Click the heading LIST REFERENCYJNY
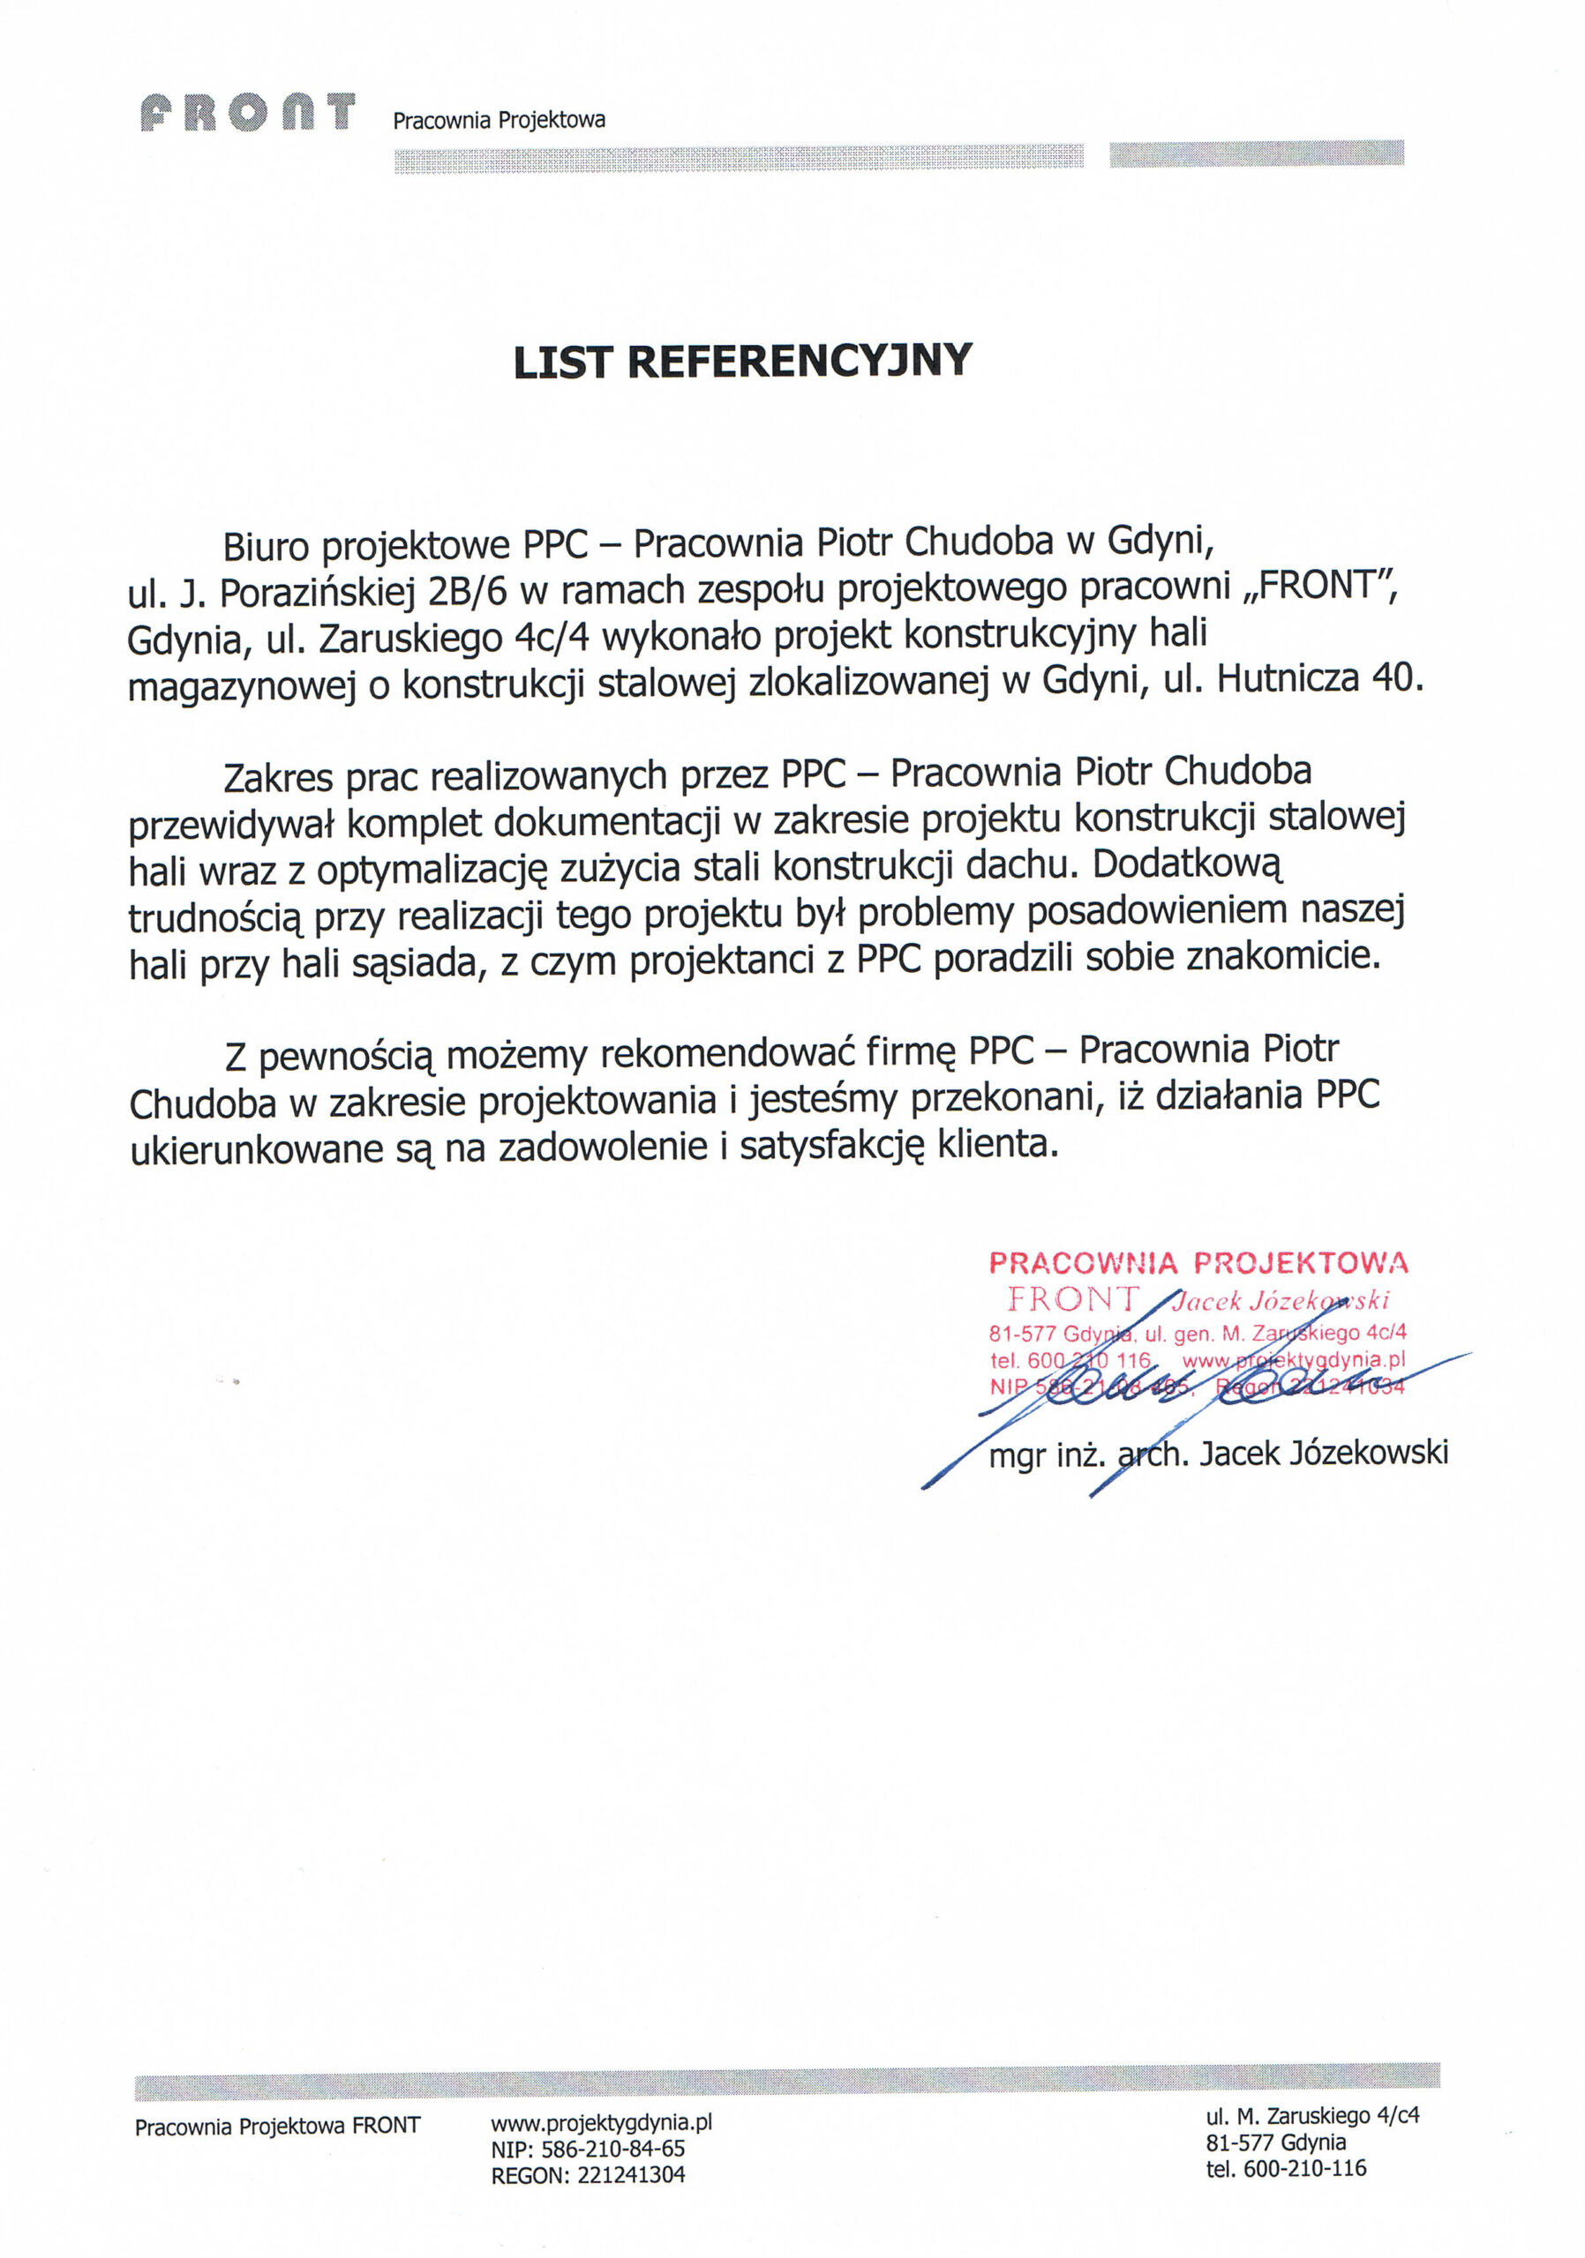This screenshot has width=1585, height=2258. click(743, 361)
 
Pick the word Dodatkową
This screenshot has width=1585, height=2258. click(1188, 864)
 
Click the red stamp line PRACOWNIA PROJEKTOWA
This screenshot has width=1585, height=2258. click(1198, 1263)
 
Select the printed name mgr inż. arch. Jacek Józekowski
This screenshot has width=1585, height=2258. click(1218, 1454)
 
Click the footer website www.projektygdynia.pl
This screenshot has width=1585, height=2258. click(601, 2122)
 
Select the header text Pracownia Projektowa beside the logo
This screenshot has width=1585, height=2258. click(499, 120)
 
